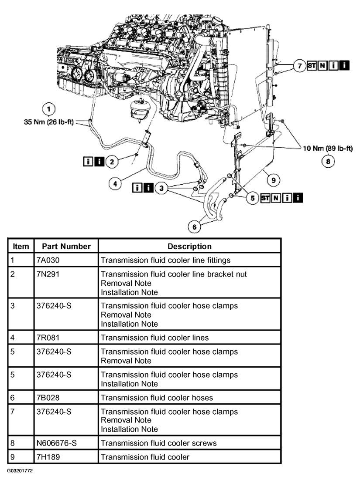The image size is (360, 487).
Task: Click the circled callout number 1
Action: [48, 109]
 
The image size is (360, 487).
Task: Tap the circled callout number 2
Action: [112, 162]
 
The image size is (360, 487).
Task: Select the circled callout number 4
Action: [115, 183]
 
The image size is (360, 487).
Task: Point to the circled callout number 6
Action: [195, 227]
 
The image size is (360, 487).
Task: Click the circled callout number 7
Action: [300, 66]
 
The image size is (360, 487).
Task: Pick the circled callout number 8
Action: [328, 161]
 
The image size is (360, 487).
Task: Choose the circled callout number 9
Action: [273, 180]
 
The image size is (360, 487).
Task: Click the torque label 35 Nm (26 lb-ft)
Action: [49, 122]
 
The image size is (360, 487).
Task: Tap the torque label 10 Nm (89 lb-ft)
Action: [328, 148]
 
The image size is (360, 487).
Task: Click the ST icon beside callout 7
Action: [312, 65]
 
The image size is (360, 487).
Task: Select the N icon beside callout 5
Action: [276, 198]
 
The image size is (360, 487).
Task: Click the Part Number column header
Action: [66, 246]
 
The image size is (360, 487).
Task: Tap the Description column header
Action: [189, 246]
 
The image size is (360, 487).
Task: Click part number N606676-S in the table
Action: [57, 443]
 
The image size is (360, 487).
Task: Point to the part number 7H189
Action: [48, 457]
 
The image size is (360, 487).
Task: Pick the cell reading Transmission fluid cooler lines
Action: [154, 338]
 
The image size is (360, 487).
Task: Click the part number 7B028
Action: [48, 398]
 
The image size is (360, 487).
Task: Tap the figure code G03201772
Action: [20, 470]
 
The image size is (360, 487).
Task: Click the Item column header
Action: [21, 246]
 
